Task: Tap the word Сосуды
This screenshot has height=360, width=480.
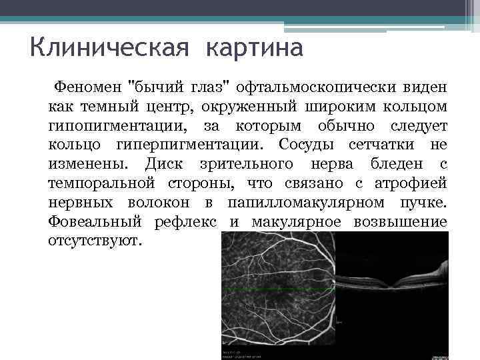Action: click(x=308, y=145)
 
